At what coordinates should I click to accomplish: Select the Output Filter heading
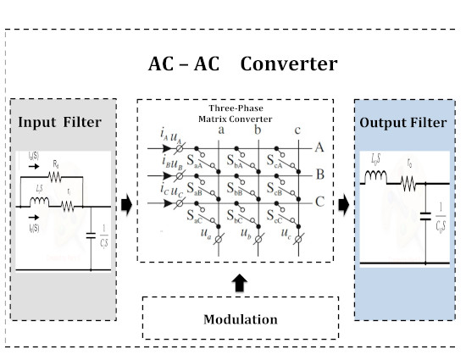(402, 123)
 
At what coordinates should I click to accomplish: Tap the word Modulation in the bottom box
(240, 319)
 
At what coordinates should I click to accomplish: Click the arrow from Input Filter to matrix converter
(125, 203)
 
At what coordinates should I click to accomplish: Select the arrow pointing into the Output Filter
(344, 203)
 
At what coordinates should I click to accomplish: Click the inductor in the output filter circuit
(374, 179)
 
